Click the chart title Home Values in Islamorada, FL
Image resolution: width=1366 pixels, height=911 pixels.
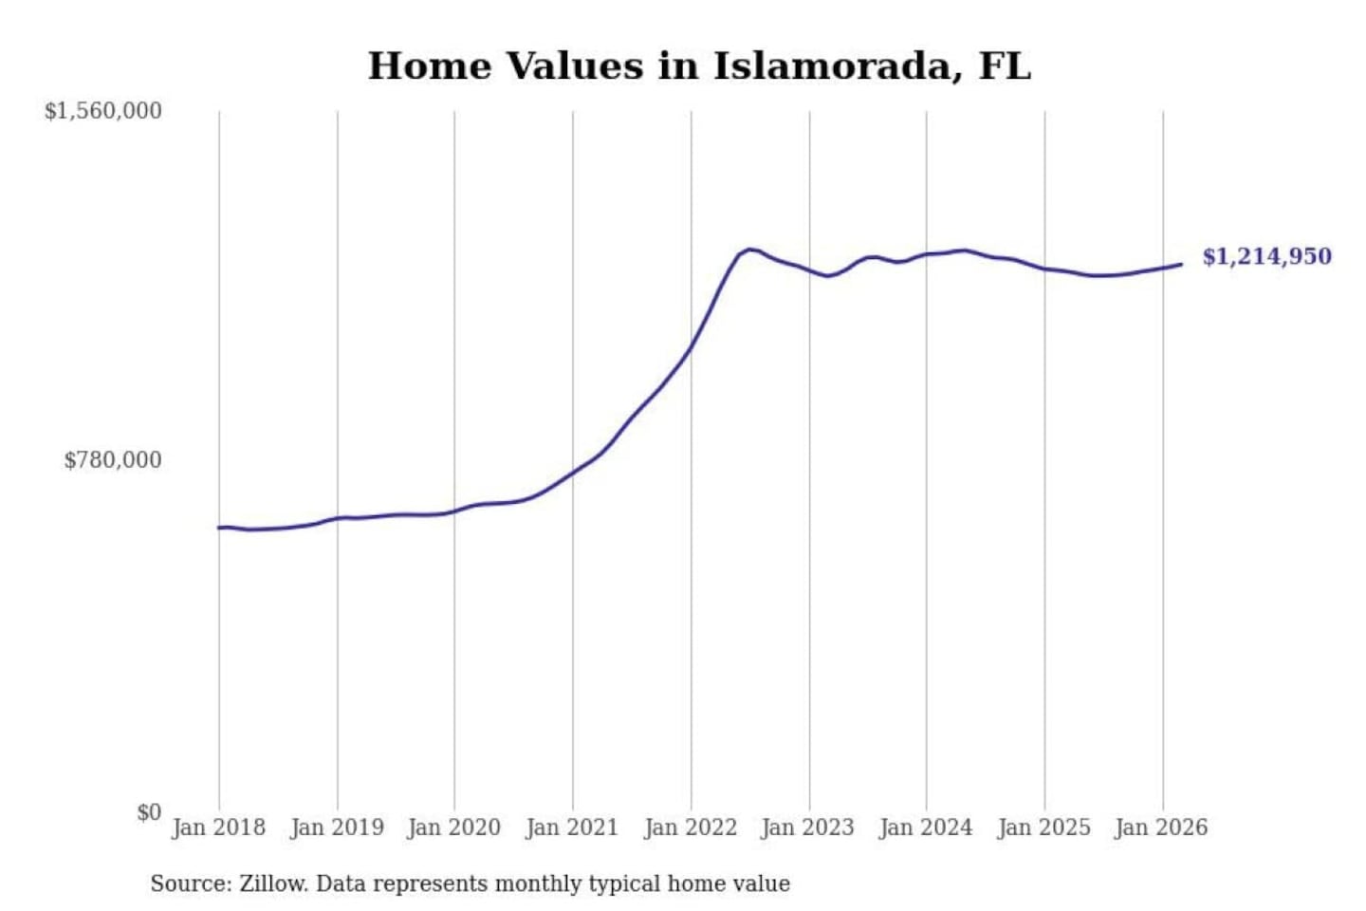click(x=699, y=66)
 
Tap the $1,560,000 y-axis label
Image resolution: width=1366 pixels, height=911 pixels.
click(x=103, y=111)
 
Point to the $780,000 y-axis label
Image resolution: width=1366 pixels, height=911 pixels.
click(x=113, y=460)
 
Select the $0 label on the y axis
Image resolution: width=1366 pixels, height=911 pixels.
click(x=149, y=812)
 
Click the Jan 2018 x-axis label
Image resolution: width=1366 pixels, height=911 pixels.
click(x=218, y=827)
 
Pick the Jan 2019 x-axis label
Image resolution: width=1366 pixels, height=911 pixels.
click(x=337, y=827)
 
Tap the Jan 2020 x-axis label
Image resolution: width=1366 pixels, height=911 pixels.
click(x=453, y=827)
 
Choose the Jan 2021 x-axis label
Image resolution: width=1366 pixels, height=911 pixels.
click(x=572, y=827)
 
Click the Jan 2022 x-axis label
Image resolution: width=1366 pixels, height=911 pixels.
click(x=691, y=827)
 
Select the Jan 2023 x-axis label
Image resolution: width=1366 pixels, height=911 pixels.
click(x=808, y=827)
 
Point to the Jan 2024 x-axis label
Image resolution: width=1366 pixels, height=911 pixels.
click(x=926, y=827)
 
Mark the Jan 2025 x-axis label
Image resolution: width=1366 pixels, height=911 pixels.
click(x=1044, y=827)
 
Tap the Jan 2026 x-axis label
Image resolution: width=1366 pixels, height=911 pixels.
click(x=1161, y=827)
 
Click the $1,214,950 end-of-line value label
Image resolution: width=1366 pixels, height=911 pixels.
click(x=1266, y=256)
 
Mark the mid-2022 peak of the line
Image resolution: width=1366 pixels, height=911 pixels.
click(x=749, y=250)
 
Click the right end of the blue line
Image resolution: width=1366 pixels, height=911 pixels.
click(x=1181, y=264)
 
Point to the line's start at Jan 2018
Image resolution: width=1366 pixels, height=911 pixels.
click(x=219, y=528)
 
